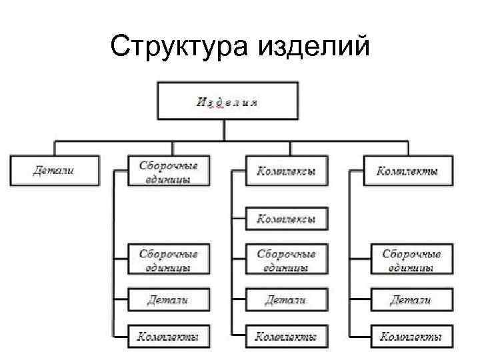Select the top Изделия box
[227, 102]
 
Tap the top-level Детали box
[55, 170]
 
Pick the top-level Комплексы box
[286, 171]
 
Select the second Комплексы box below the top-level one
[286, 218]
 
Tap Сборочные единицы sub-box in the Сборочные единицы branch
[169, 260]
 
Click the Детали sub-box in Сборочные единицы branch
[169, 299]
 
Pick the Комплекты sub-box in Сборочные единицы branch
[169, 337]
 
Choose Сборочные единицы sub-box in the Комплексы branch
[286, 260]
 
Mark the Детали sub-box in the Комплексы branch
[286, 299]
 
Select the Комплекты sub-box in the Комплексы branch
[286, 337]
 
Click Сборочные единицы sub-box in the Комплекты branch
[411, 260]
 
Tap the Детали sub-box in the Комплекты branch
[411, 299]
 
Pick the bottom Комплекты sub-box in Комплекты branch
[411, 337]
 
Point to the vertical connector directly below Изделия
[225, 131]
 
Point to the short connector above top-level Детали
[55, 148]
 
